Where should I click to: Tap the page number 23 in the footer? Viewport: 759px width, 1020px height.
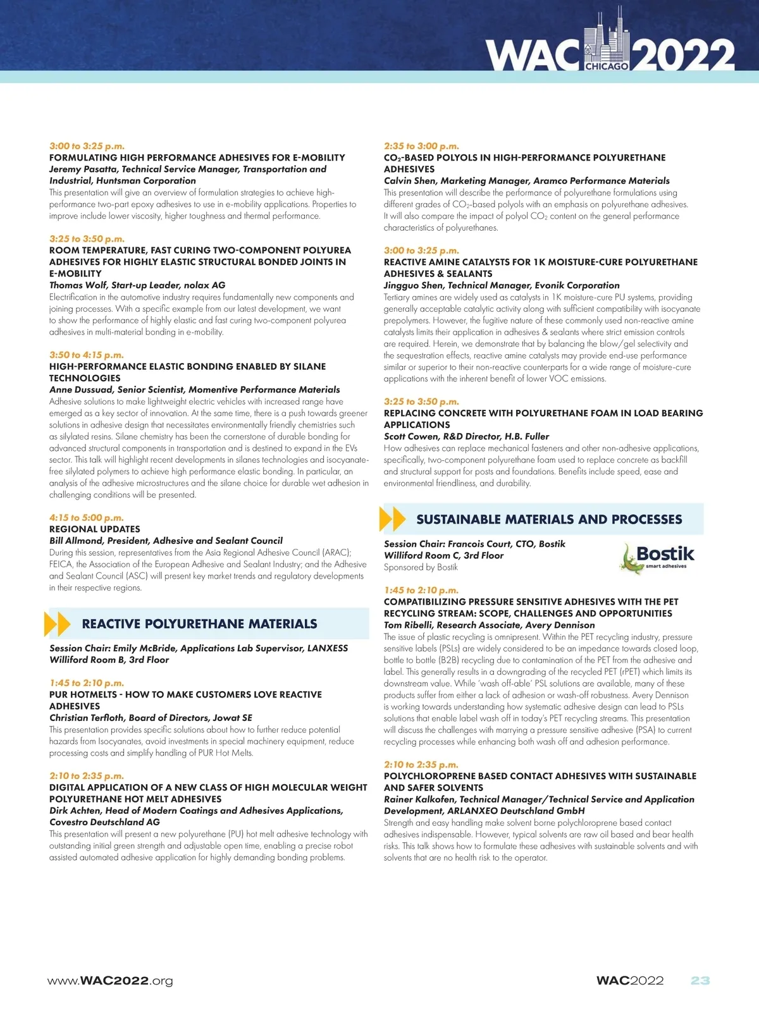pyautogui.click(x=700, y=980)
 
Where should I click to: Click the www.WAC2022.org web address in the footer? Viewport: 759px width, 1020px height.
pyautogui.click(x=110, y=981)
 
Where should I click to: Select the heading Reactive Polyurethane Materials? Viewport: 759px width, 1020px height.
pyautogui.click(x=199, y=624)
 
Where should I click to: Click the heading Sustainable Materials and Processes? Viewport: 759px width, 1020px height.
pyautogui.click(x=549, y=520)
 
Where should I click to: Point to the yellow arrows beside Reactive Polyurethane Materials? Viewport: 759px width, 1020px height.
pyautogui.click(x=58, y=624)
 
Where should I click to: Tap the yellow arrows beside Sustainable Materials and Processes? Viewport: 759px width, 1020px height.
pyautogui.click(x=392, y=519)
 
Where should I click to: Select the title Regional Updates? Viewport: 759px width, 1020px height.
pyautogui.click(x=95, y=529)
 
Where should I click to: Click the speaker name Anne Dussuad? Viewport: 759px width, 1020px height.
pyautogui.click(x=80, y=390)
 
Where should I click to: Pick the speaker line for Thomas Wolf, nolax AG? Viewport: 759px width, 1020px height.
pyautogui.click(x=137, y=285)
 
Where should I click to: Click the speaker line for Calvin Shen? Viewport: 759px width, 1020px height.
pyautogui.click(x=526, y=181)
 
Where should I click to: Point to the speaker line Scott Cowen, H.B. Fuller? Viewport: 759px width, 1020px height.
pyautogui.click(x=466, y=436)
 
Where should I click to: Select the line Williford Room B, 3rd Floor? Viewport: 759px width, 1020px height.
pyautogui.click(x=109, y=660)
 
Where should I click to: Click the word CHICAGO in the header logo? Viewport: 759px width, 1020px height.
pyautogui.click(x=607, y=66)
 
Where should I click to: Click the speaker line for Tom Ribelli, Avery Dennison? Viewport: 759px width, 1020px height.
pyautogui.click(x=489, y=625)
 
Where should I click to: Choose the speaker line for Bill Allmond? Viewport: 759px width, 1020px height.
pyautogui.click(x=166, y=541)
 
